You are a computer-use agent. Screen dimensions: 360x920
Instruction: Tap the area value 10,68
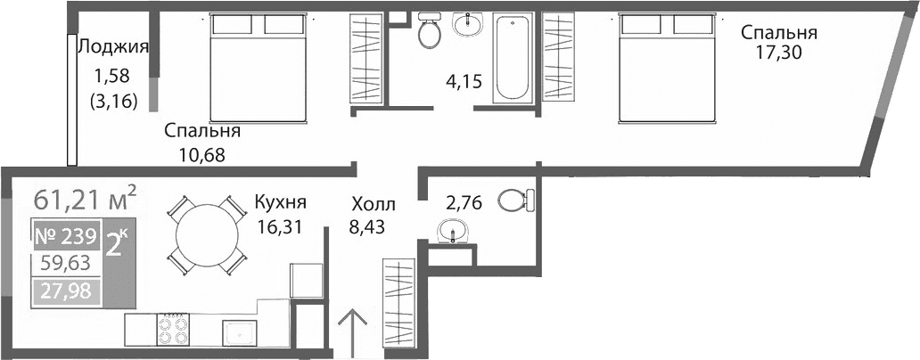pos(201,154)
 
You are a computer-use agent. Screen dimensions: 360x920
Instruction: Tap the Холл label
pos(372,204)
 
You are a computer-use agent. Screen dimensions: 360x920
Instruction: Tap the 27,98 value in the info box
pos(67,290)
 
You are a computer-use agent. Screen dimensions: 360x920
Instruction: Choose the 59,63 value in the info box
pos(67,263)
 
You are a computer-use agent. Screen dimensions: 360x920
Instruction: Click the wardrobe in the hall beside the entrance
pos(398,299)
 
